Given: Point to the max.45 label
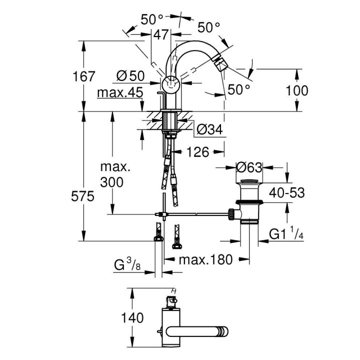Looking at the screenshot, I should point(120,92).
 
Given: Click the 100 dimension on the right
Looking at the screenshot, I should point(297,90).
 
